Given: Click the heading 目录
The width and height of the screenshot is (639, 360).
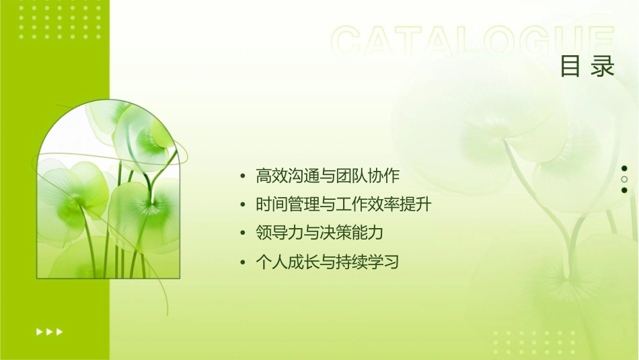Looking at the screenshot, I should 588,66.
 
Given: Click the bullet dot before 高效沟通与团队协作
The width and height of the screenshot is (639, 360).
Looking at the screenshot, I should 243,177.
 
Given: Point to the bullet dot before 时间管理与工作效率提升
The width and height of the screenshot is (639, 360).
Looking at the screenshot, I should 243,205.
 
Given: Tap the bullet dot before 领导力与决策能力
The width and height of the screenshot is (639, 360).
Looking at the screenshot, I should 243,233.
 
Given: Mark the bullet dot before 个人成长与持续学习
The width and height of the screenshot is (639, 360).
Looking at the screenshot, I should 243,262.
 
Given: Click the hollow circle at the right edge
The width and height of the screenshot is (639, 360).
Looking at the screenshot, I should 624,180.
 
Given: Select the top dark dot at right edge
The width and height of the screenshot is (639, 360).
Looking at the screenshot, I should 624,168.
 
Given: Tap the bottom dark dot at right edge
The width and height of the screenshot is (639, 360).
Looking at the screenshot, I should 624,190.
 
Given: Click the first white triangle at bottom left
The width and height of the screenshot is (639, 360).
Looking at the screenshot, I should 39,331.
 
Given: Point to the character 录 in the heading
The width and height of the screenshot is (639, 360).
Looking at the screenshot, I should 603,66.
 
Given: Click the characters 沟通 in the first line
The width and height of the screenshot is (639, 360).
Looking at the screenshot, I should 296,176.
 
